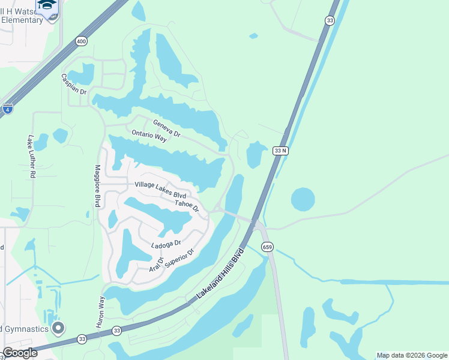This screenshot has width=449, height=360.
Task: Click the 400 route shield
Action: (81, 41)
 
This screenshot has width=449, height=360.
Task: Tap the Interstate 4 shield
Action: (7, 109)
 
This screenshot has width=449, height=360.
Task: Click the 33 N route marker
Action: (281, 151)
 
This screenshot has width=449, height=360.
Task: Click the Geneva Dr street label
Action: (166, 128)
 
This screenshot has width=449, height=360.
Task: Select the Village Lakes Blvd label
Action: (160, 190)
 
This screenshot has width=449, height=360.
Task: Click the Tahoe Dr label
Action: (187, 205)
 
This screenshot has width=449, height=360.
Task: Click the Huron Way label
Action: (100, 312)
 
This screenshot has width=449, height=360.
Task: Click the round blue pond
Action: (303, 200)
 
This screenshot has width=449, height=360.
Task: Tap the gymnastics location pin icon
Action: (58, 328)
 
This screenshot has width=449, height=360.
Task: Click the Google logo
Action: (20, 353)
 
